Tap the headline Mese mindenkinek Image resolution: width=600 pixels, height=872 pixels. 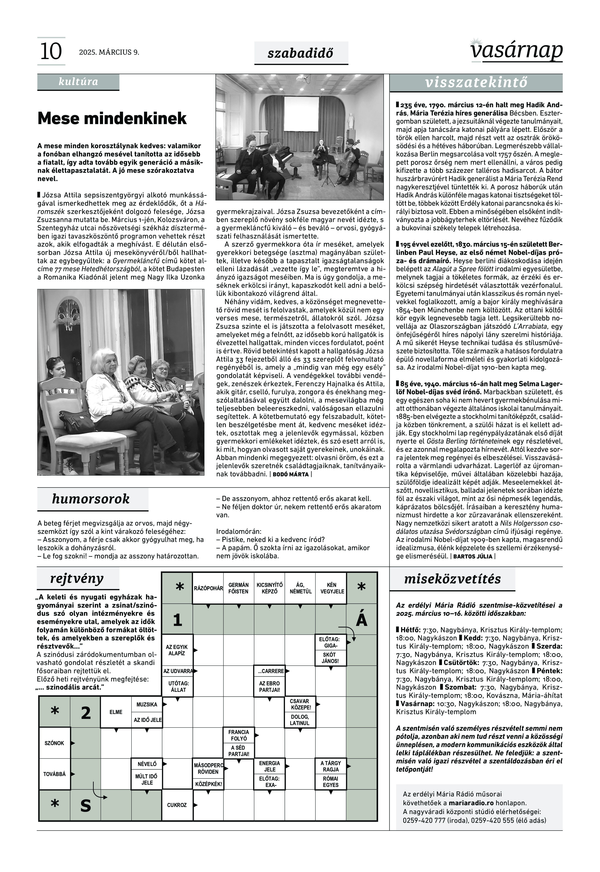pyautogui.click(x=112, y=118)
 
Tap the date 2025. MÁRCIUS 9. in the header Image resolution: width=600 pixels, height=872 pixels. pyautogui.click(x=109, y=52)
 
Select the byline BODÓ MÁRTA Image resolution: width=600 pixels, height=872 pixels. pyautogui.click(x=291, y=474)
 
